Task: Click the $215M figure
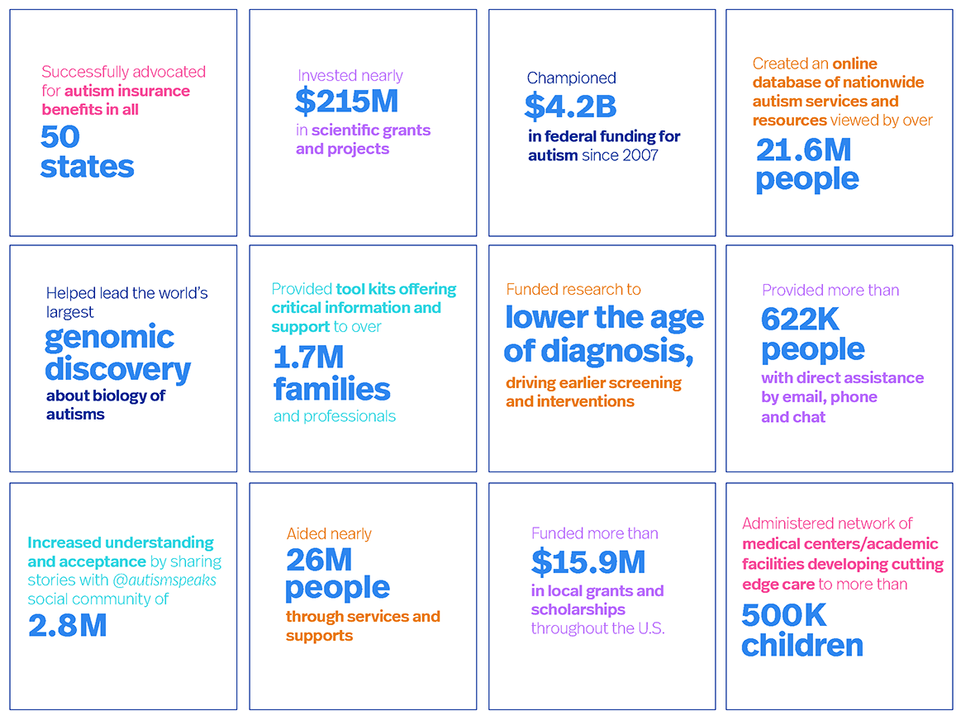point(347,101)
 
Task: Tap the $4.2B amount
point(570,106)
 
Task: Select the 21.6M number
point(803,149)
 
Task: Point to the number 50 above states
point(59,136)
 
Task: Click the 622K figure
point(802,320)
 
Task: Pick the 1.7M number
point(308,358)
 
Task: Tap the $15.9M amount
point(588,562)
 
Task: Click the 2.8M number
point(67,625)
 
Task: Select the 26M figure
point(319,560)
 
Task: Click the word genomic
point(109,337)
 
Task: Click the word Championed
point(572,78)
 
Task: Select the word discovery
point(117,369)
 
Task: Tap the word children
point(802,645)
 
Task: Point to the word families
point(331,388)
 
